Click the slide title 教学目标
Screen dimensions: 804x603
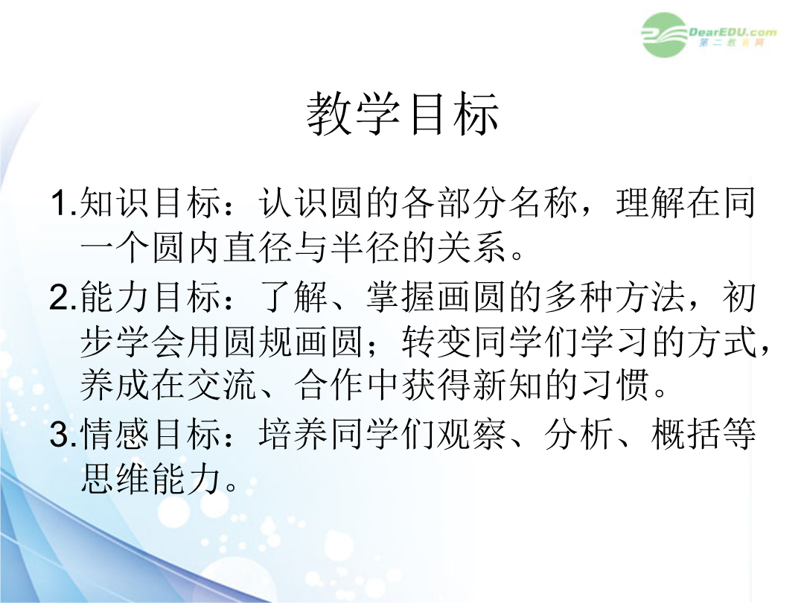pos(403,114)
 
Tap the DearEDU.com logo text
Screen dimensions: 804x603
pos(732,32)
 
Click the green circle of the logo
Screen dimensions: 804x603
pos(664,35)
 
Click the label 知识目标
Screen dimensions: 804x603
pos(150,202)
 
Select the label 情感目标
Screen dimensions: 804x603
pos(150,434)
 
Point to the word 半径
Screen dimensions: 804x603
pos(365,248)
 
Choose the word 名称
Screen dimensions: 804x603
pos(543,202)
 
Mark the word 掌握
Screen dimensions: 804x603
pos(401,297)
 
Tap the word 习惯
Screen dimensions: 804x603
pos(615,386)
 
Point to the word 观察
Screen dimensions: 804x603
pos(472,434)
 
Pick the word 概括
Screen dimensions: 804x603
pos(686,434)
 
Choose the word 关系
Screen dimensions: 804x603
pos(472,248)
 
